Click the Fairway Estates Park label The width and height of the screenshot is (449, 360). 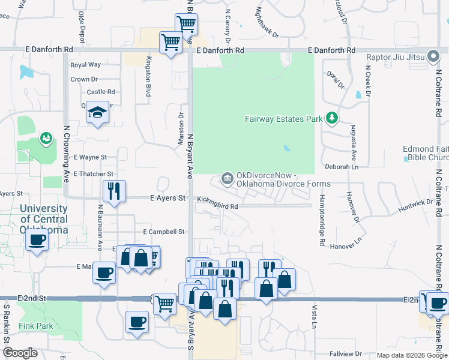click(284, 119)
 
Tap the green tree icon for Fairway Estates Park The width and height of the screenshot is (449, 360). click(331, 118)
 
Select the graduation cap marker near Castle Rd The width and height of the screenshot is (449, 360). click(97, 112)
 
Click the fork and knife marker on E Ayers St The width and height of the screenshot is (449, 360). click(114, 190)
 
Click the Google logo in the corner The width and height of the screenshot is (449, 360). click(19, 353)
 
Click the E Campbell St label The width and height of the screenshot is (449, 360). click(163, 232)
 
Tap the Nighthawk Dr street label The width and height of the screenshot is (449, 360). click(267, 23)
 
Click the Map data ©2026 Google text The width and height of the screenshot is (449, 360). click(412, 355)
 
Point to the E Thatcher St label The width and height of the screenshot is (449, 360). click(93, 174)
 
